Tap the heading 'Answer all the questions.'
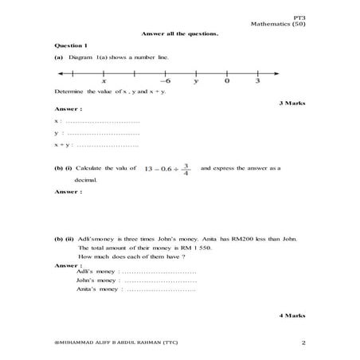pos(179,33)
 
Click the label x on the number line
pos(104,81)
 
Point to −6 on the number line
pos(165,81)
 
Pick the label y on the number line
pos(196,81)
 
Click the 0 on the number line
pos(227,81)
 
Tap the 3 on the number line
pos(257,81)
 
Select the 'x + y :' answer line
pos(96,146)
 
